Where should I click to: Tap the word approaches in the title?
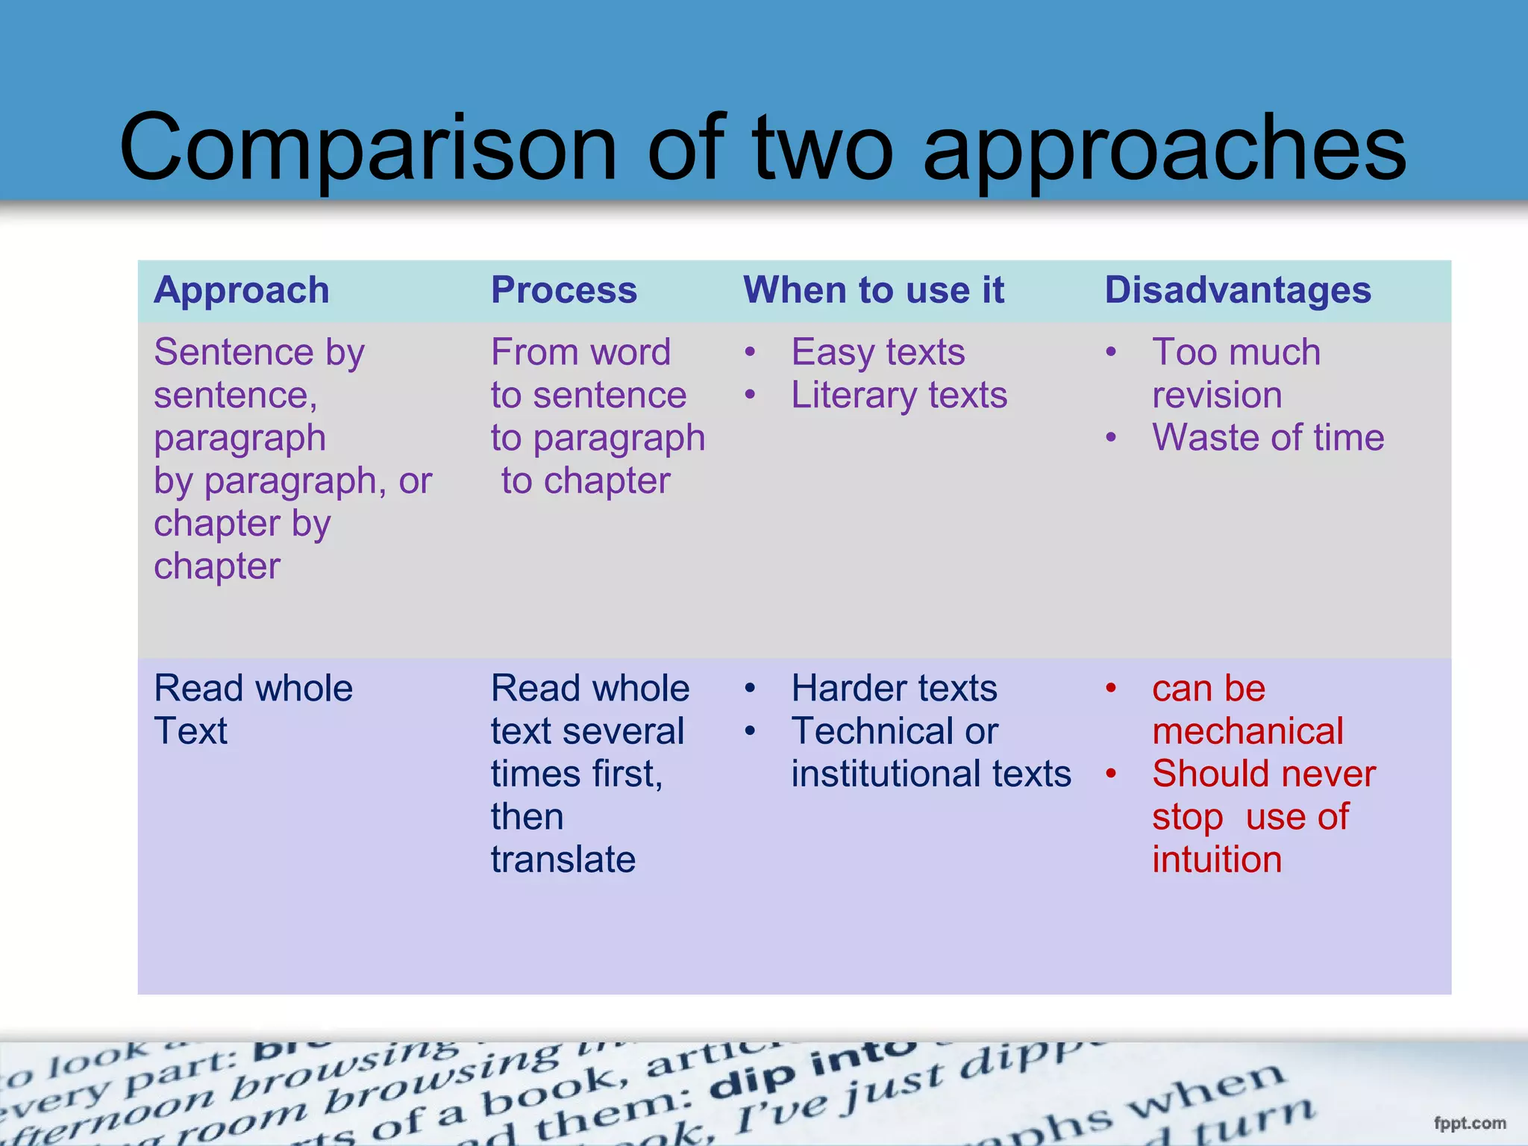1165,149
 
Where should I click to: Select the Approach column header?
241,290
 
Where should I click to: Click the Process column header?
563,290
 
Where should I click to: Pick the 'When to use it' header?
874,290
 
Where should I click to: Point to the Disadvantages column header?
1237,290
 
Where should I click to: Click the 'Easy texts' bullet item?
877,352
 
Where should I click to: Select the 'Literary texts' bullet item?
898,395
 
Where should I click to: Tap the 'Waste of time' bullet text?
1268,438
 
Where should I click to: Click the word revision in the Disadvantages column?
1217,395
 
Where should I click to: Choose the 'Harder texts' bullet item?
894,689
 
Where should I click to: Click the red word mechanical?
1247,731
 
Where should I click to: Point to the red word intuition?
1217,859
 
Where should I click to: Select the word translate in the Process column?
563,859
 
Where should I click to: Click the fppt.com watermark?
1469,1123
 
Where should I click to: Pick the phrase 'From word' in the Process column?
580,352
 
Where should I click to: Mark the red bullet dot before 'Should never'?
1111,774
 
